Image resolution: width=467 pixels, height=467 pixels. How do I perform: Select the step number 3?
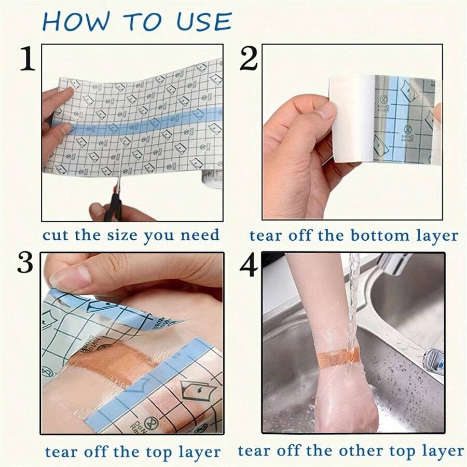25,264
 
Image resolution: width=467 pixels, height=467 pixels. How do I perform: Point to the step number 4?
249,265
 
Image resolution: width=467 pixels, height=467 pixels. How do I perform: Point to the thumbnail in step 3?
67,279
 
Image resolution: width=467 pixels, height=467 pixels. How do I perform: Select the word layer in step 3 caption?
200,451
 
